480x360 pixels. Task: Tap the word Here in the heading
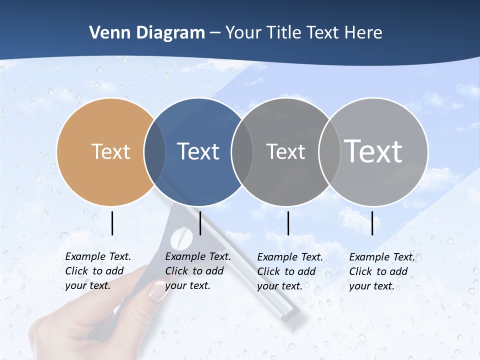coord(363,33)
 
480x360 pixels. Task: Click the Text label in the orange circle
coord(111,151)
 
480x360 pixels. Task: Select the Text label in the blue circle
coord(198,151)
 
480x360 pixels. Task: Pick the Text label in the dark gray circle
coord(285,151)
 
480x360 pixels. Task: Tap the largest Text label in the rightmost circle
coord(373,151)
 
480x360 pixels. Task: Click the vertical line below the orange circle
coord(112,223)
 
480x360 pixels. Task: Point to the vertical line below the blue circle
coord(200,223)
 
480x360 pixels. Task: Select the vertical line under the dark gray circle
coord(288,223)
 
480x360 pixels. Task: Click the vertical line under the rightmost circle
coord(372,223)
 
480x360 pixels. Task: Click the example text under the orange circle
coord(98,271)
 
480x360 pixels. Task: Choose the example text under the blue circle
coord(198,271)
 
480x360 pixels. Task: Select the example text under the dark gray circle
coord(290,271)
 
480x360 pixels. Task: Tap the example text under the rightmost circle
coord(382,271)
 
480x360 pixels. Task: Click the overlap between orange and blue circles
coord(154,151)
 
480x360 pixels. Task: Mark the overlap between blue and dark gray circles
coord(242,151)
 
